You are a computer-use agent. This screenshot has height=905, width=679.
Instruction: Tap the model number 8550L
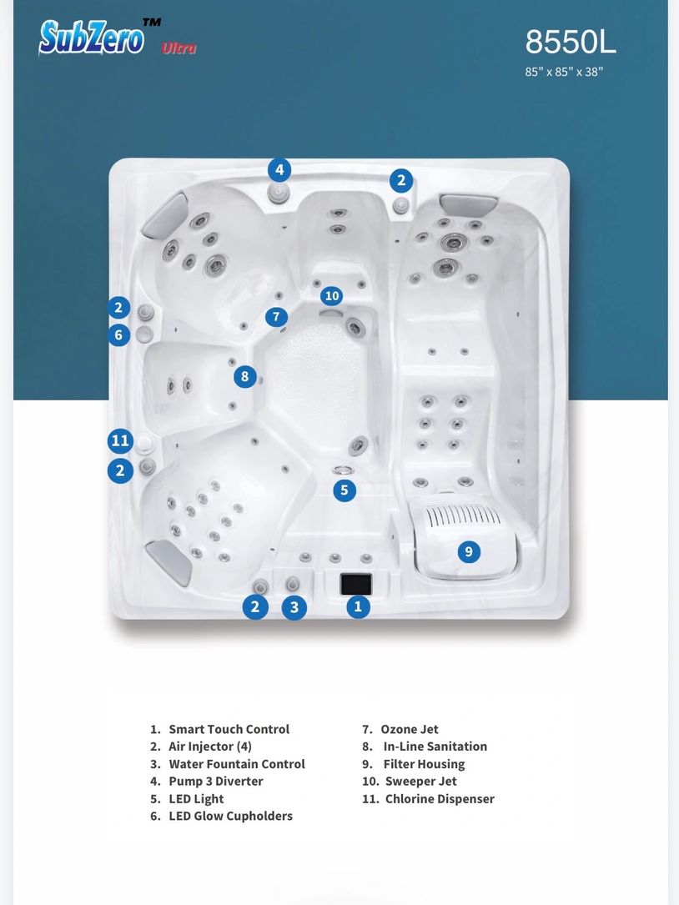click(x=571, y=42)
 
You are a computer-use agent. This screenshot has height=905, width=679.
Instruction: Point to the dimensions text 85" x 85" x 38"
click(x=564, y=72)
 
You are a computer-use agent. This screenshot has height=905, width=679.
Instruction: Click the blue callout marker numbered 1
click(x=358, y=606)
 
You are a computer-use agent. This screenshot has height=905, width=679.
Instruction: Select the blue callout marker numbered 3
click(x=294, y=607)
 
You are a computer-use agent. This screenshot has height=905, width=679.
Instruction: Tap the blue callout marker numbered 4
click(x=279, y=169)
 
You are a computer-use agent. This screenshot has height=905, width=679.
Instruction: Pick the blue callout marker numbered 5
click(x=345, y=490)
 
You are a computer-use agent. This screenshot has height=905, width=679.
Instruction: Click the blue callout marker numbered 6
click(x=118, y=334)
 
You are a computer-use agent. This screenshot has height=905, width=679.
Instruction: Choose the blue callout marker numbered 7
click(x=277, y=316)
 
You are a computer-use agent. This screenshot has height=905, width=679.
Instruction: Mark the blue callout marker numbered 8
click(x=244, y=376)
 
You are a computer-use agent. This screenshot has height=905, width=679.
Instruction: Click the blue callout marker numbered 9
click(x=469, y=552)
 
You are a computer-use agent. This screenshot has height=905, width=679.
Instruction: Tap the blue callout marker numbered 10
click(x=331, y=296)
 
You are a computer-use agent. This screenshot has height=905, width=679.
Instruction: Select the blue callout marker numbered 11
click(x=120, y=441)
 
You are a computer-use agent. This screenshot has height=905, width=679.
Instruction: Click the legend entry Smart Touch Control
click(x=219, y=729)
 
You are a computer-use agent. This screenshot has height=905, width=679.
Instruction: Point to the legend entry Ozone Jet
click(x=400, y=729)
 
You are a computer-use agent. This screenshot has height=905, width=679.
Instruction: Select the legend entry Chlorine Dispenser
click(x=428, y=799)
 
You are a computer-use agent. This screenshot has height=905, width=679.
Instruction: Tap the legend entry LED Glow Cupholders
click(x=221, y=816)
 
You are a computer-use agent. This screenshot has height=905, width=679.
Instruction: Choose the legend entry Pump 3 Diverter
click(x=206, y=781)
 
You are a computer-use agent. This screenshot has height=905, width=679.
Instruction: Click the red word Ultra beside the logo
click(x=179, y=48)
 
